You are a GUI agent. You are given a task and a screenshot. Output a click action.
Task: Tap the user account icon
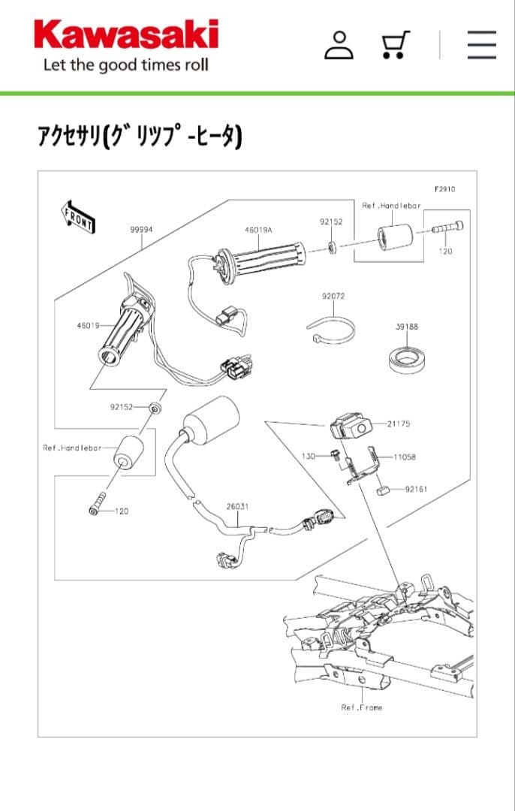pyautogui.click(x=339, y=45)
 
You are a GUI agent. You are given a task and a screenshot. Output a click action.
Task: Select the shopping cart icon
pyautogui.click(x=395, y=44)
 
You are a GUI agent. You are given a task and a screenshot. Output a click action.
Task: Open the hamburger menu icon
pyautogui.click(x=481, y=45)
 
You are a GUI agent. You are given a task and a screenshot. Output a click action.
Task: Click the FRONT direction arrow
pyautogui.click(x=78, y=216)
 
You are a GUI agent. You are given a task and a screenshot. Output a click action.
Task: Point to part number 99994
pyautogui.click(x=141, y=230)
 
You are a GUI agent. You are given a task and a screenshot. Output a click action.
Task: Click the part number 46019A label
pyautogui.click(x=258, y=231)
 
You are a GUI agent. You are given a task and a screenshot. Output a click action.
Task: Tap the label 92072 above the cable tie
pyautogui.click(x=333, y=297)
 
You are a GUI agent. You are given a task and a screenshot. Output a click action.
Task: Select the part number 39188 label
pyautogui.click(x=407, y=327)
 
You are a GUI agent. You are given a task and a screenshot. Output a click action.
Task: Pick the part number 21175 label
pyautogui.click(x=399, y=424)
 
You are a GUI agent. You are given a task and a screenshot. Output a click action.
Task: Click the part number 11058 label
pyautogui.click(x=405, y=457)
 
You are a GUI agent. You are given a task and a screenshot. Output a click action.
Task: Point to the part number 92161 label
pyautogui.click(x=416, y=489)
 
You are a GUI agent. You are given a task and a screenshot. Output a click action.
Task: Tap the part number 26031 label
pyautogui.click(x=237, y=506)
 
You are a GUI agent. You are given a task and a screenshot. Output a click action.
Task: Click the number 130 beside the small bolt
pyautogui.click(x=308, y=457)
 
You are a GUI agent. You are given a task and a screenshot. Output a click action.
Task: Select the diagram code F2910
pyautogui.click(x=444, y=189)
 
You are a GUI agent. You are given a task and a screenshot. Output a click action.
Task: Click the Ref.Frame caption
pyautogui.click(x=361, y=707)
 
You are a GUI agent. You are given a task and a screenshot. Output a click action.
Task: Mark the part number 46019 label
pyautogui.click(x=88, y=326)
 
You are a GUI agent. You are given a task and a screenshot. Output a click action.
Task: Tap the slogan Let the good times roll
pyautogui.click(x=125, y=65)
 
